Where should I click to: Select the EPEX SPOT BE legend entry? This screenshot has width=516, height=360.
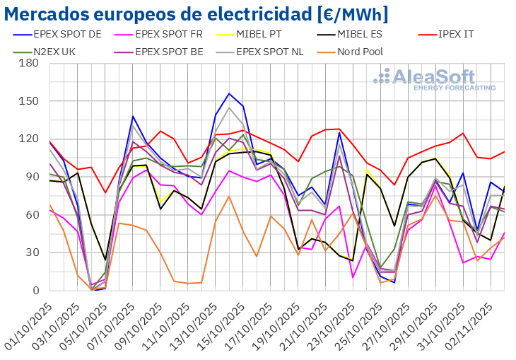(170, 51)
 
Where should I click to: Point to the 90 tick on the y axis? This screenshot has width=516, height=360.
(31, 177)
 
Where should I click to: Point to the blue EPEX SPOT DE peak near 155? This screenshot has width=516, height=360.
(229, 93)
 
